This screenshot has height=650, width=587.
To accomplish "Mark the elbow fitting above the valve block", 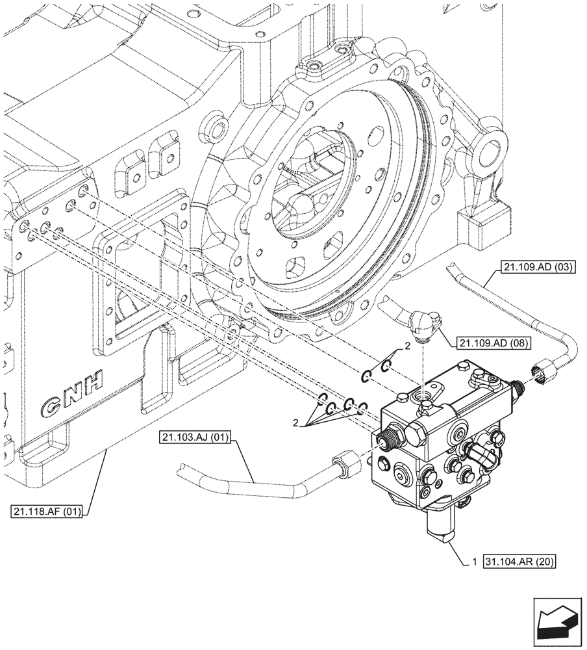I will pyautogui.click(x=423, y=323).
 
